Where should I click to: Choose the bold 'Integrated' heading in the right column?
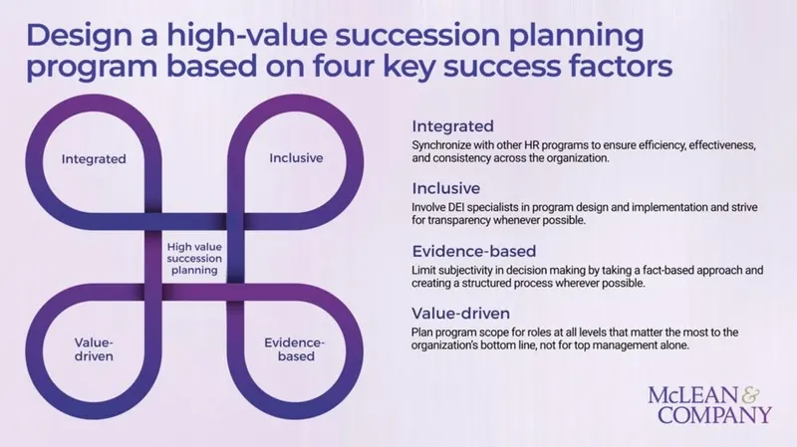pyautogui.click(x=453, y=127)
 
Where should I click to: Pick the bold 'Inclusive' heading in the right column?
pyautogui.click(x=447, y=188)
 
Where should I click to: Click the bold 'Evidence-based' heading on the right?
pyautogui.click(x=474, y=251)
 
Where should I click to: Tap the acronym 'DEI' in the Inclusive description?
pyautogui.click(x=461, y=207)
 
